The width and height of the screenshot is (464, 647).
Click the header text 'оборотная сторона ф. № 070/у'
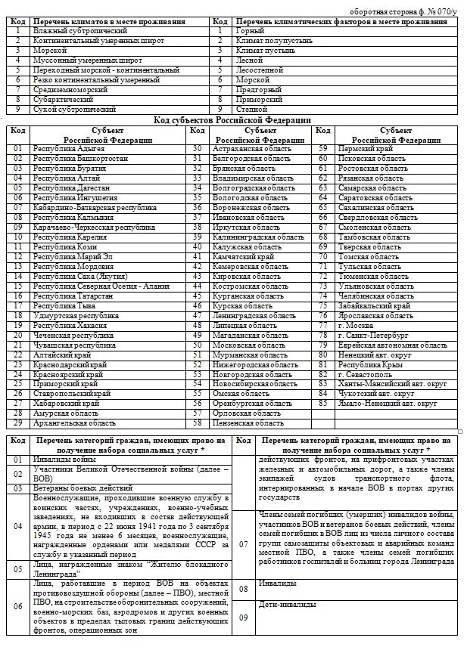[405, 13]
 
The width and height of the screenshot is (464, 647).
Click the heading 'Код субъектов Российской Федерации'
[232, 119]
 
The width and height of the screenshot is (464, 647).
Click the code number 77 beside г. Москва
[323, 326]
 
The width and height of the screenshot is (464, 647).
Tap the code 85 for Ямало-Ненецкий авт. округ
[323, 404]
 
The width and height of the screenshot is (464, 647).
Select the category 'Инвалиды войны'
[64, 460]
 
